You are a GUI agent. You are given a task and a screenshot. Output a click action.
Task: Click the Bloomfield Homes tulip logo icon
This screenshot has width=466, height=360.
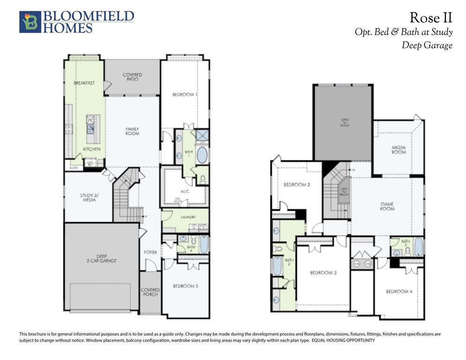point(30,22)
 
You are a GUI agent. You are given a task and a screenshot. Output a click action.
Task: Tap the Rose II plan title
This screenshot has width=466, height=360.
point(430,18)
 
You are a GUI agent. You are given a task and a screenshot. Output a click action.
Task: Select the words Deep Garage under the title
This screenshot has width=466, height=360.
point(427,45)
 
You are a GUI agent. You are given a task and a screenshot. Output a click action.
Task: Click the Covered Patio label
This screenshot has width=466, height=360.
point(132,77)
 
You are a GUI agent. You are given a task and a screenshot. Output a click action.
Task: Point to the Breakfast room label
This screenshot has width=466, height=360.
point(84,83)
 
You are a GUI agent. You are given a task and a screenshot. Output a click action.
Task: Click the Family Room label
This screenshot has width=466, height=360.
point(132,131)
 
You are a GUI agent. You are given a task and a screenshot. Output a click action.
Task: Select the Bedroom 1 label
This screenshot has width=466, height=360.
point(184,95)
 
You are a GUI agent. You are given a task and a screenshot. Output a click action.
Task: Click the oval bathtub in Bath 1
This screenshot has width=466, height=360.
point(202,155)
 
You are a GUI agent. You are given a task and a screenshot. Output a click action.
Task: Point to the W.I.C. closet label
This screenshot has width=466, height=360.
point(184,191)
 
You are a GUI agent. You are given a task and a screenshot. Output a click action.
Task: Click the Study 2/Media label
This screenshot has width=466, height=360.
point(88,198)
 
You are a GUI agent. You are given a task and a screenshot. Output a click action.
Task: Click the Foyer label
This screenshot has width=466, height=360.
point(150,252)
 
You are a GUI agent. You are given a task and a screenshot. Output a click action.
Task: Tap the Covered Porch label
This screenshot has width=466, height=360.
point(150,292)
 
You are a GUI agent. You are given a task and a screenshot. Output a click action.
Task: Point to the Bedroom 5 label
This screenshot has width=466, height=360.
point(185,286)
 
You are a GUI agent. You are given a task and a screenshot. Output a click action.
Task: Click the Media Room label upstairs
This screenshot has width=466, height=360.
point(398,150)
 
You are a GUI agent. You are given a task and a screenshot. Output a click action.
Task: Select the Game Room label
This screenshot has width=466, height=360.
point(387,206)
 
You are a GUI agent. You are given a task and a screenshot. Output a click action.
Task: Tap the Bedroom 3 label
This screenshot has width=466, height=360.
point(323,272)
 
